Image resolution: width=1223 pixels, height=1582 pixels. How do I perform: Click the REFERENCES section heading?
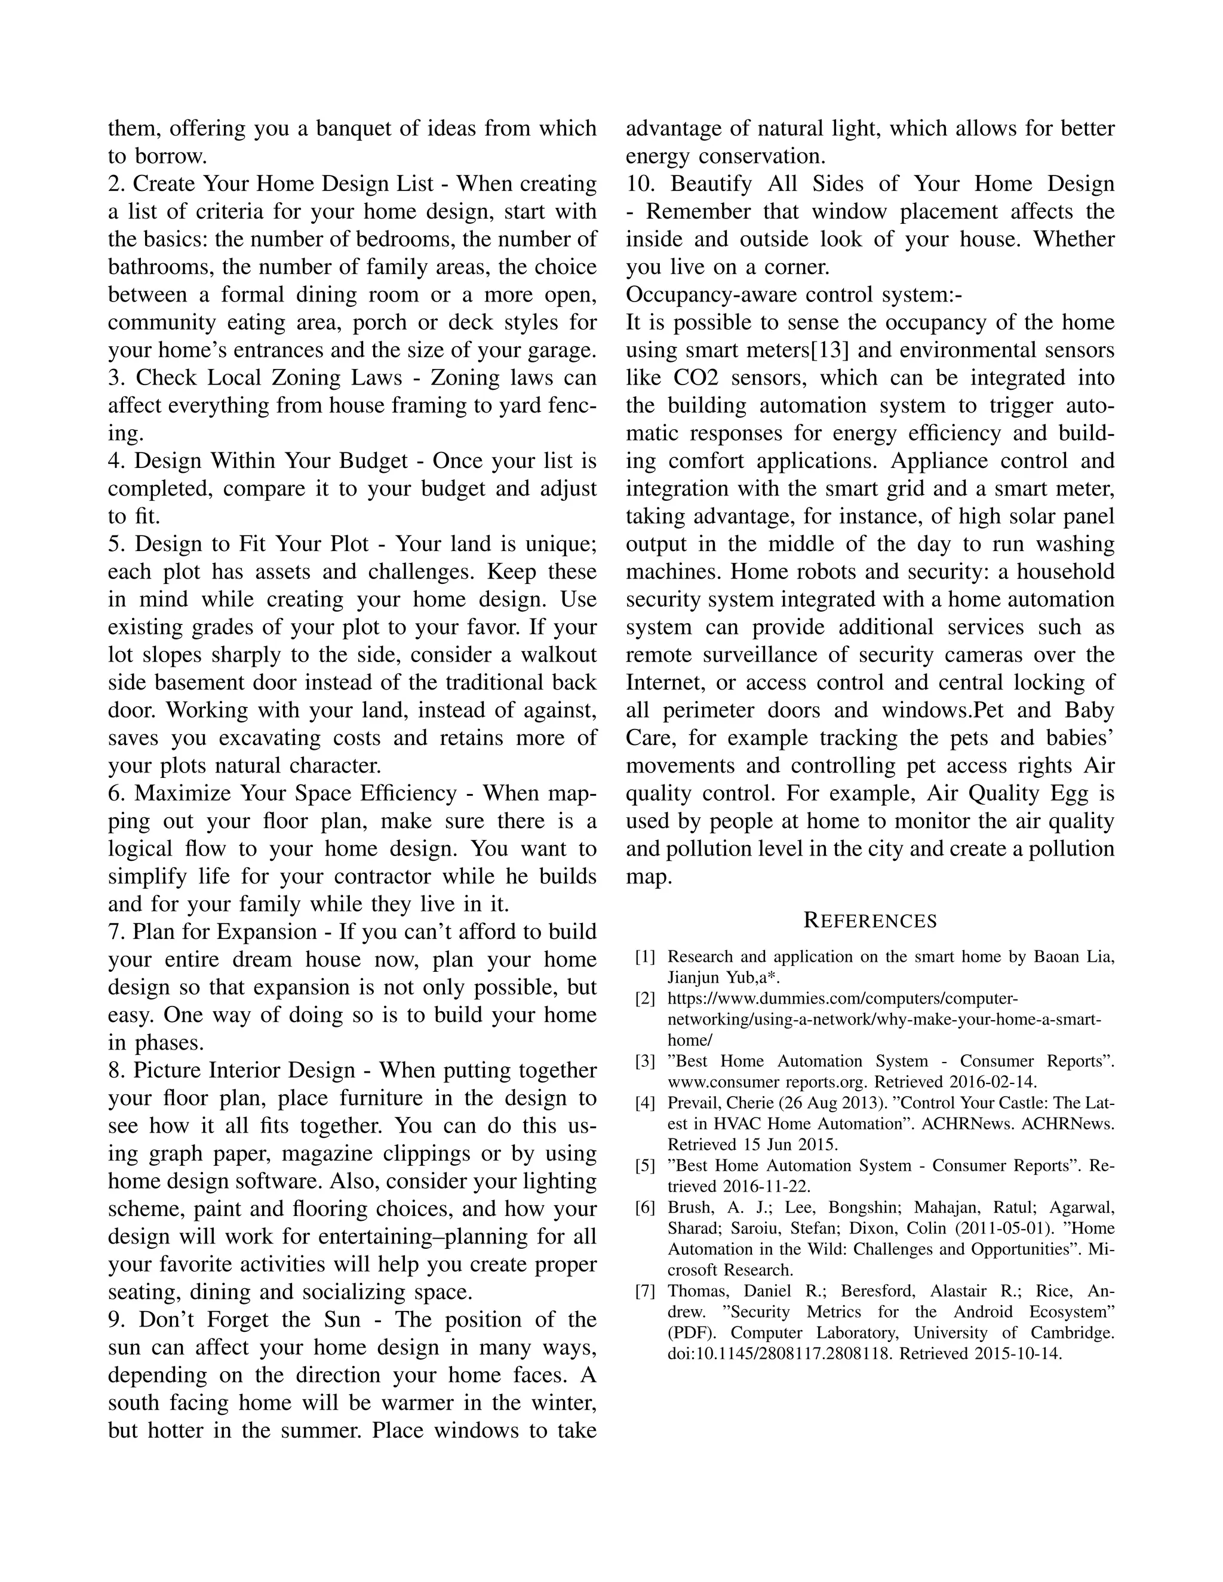pos(870,921)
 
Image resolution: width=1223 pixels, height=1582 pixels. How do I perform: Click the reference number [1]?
pos(645,957)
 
